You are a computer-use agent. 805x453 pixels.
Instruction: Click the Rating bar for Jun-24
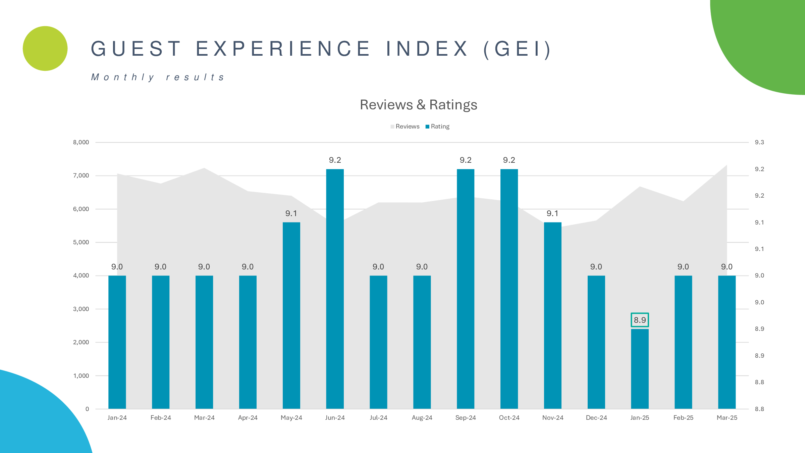[335, 289]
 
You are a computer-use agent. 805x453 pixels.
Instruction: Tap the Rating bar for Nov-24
[552, 315]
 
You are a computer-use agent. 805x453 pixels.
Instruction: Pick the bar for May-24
[291, 315]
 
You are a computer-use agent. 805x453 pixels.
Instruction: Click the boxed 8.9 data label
[640, 320]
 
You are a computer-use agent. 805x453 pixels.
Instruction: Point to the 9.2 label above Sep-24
[466, 160]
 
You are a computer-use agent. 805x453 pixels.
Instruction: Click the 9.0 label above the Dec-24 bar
[596, 267]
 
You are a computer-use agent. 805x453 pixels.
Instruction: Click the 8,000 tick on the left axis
[81, 142]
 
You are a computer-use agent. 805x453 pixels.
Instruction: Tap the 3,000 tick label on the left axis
[81, 309]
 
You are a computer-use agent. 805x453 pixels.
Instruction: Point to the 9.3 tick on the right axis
[759, 142]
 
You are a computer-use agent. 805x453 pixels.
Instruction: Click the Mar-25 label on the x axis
[727, 418]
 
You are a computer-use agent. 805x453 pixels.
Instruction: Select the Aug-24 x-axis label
[422, 418]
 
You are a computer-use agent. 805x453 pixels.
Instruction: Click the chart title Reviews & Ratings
[418, 105]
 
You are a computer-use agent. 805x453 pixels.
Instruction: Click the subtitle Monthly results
[158, 78]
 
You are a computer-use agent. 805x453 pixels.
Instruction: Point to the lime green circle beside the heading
[45, 48]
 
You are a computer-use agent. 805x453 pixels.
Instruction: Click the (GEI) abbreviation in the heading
[518, 49]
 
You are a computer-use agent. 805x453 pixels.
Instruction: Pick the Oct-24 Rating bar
[509, 289]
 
